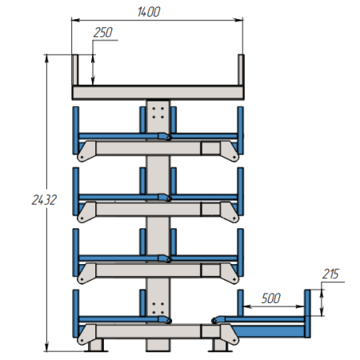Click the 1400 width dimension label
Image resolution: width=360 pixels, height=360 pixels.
[149, 12]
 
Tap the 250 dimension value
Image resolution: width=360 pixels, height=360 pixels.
[103, 33]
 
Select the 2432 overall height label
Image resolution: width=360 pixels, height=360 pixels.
[44, 200]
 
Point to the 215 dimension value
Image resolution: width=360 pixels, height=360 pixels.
[330, 274]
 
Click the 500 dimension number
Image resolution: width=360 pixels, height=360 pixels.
[271, 298]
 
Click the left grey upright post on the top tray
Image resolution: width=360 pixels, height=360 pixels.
[75, 70]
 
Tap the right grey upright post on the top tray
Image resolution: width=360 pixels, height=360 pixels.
[241, 70]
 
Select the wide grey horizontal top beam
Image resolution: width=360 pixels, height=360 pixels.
[158, 93]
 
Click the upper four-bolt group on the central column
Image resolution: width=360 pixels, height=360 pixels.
[158, 113]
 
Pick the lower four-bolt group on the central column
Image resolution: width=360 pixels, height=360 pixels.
[158, 308]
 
